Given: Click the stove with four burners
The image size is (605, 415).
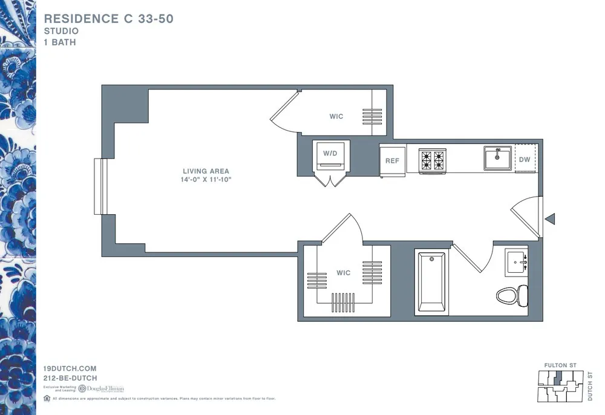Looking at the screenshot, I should (433, 160).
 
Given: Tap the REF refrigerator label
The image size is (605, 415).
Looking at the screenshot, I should (392, 161).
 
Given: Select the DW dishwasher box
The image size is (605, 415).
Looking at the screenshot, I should (525, 160).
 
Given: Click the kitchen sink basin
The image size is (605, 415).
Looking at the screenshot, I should (498, 158).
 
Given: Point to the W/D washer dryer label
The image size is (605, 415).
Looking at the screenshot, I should (330, 154).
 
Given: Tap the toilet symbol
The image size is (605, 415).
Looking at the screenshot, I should (512, 295).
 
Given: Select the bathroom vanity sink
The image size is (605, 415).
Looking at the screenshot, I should (516, 262).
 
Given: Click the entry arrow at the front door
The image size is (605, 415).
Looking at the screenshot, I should (550, 219).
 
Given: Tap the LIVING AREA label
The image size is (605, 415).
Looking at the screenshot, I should (206, 171).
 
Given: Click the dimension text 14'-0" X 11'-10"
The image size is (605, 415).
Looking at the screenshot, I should (206, 180).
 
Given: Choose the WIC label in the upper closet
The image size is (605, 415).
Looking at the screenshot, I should (336, 116).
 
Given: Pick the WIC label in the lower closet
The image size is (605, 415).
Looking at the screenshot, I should (343, 273).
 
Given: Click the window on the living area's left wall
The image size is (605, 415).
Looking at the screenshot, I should (100, 186).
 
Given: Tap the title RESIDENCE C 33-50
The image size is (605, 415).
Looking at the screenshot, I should (109, 19).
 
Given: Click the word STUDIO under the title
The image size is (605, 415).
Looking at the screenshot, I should (61, 31).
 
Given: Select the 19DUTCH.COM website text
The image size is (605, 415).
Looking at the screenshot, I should (70, 368).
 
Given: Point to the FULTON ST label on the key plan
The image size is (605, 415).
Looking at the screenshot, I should (560, 365).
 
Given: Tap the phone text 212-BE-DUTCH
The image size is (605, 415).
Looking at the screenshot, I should (70, 378).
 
